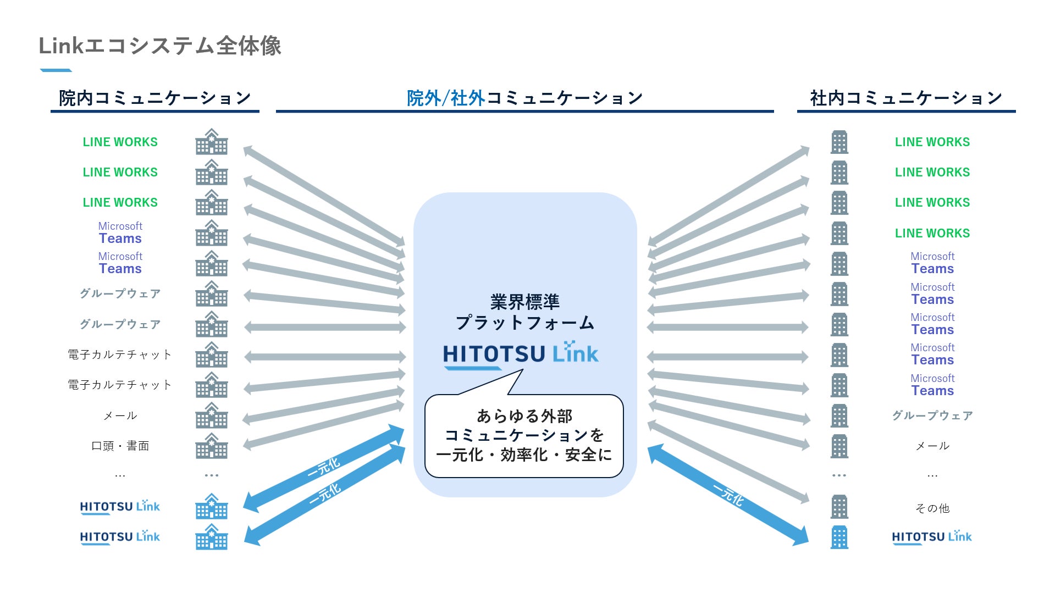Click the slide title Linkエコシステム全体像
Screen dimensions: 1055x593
tap(159, 46)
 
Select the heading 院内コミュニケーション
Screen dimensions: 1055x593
tap(155, 98)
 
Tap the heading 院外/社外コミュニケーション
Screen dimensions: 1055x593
tap(524, 98)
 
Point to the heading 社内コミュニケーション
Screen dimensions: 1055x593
tap(906, 98)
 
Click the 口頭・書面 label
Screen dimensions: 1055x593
tap(120, 446)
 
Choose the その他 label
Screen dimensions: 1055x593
tap(932, 508)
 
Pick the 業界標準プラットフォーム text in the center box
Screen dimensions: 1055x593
tap(524, 312)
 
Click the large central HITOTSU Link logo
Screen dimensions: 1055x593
tap(521, 353)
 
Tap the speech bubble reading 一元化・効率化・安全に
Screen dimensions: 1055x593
tap(524, 436)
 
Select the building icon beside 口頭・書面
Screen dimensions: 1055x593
tap(212, 446)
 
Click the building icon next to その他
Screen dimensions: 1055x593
tap(839, 507)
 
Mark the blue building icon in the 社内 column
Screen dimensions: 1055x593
tap(839, 537)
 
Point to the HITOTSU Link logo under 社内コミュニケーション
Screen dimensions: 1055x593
tap(932, 537)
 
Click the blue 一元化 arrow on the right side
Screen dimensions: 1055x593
tap(728, 495)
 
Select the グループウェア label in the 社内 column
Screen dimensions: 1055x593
tap(932, 415)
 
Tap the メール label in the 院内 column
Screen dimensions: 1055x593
tap(120, 415)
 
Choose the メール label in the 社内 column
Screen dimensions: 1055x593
tap(932, 446)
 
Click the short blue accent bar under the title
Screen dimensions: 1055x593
tap(56, 70)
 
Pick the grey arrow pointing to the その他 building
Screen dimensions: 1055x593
tap(728, 462)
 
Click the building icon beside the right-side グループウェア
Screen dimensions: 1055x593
tap(839, 415)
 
